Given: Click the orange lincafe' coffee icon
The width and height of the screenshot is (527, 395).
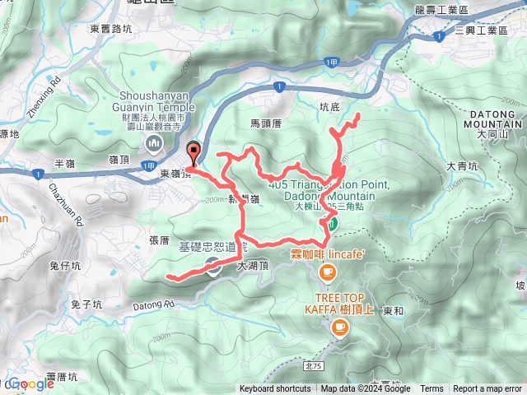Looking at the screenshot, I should (328, 272).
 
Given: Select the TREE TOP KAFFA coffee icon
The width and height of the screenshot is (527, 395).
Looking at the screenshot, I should (338, 328).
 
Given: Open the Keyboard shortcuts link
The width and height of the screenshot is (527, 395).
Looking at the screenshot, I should (275, 389).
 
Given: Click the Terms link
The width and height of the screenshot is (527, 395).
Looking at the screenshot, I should (431, 389).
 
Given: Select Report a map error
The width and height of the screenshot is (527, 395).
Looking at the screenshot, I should (488, 389).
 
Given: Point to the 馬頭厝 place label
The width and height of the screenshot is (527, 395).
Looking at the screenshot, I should (266, 123).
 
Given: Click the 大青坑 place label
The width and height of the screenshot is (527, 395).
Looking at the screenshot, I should (462, 166).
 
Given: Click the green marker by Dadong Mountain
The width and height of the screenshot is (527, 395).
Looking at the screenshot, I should (333, 222).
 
